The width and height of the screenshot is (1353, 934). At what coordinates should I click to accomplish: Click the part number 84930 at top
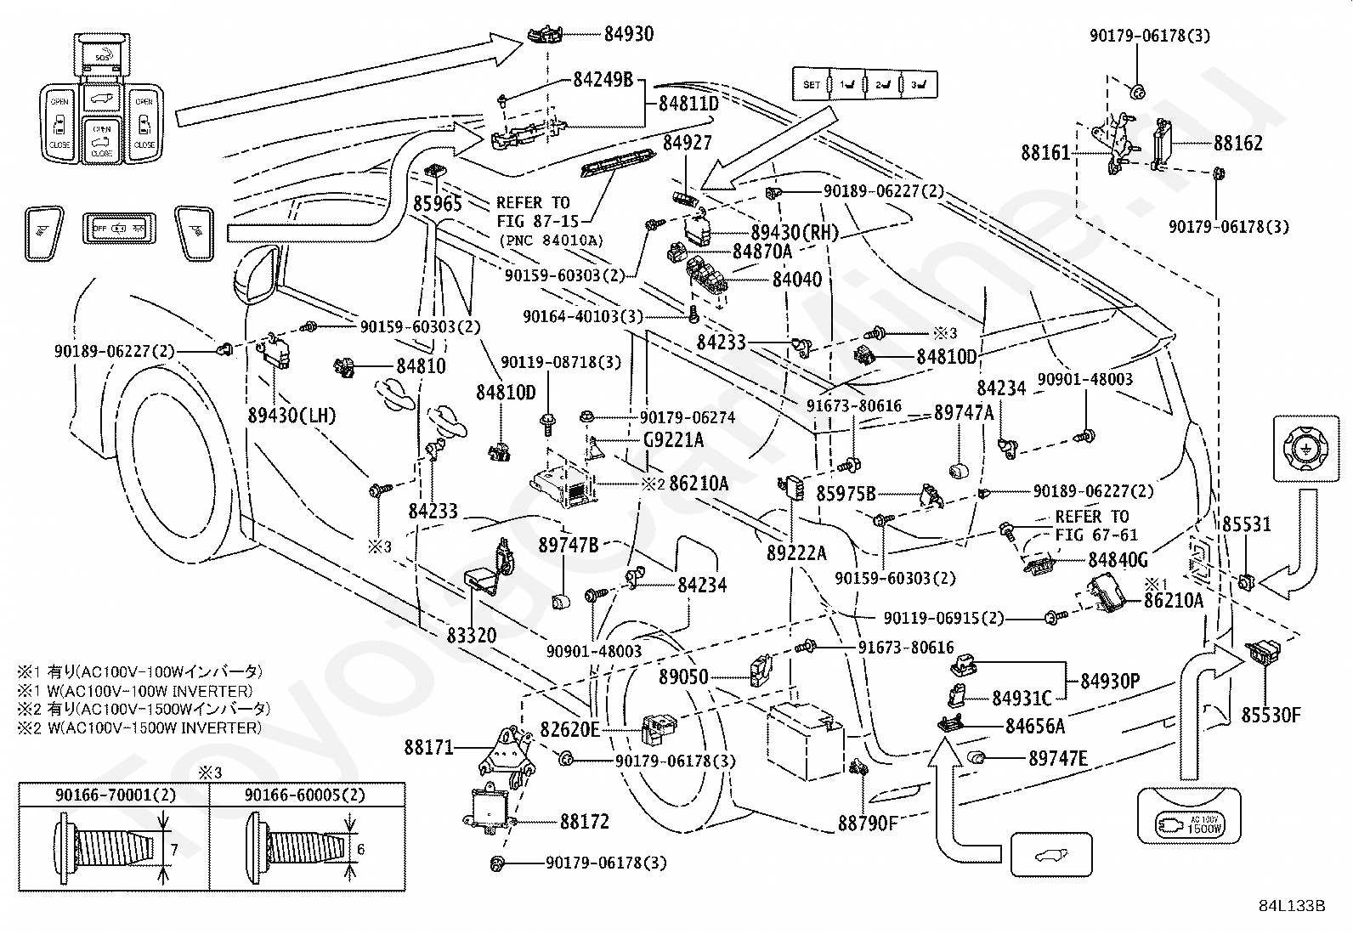[x=629, y=34]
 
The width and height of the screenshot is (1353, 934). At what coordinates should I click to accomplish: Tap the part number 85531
[x=1247, y=524]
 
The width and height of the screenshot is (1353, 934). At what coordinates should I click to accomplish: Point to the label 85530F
[x=1271, y=715]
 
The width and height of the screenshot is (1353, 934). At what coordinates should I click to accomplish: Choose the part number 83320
[x=472, y=635]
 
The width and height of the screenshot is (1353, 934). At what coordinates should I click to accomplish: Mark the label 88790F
[x=867, y=823]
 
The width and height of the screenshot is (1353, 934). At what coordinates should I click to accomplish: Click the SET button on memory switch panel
[x=812, y=85]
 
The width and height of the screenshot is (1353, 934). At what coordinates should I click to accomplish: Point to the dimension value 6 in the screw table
[x=361, y=849]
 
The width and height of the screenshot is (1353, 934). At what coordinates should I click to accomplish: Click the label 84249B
[x=603, y=80]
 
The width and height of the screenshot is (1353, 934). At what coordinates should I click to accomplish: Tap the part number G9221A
[x=672, y=439]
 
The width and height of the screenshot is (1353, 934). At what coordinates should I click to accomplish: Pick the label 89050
[x=683, y=677]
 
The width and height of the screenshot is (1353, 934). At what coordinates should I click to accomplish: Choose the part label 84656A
[x=1034, y=726]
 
